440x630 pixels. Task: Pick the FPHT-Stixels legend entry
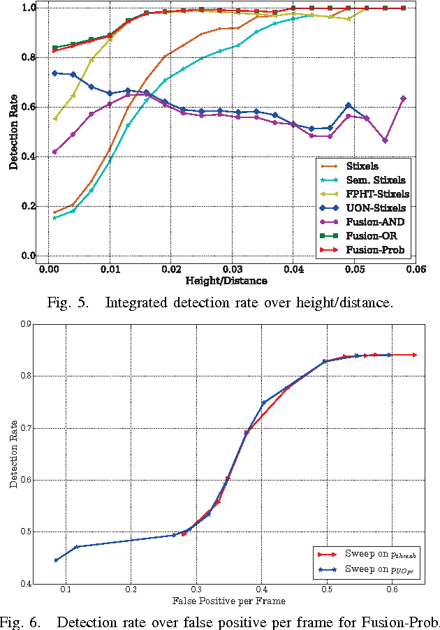click(376, 194)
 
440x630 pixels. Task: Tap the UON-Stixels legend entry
click(374, 208)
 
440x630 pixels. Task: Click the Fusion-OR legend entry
click(372, 235)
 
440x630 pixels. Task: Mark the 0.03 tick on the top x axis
click(232, 269)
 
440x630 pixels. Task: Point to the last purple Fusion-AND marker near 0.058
click(403, 98)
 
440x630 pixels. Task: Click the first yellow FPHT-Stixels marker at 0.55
click(55, 118)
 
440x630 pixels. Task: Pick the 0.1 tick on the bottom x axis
click(66, 589)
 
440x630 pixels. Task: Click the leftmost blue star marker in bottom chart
click(57, 560)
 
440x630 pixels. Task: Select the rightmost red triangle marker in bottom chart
click(415, 355)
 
